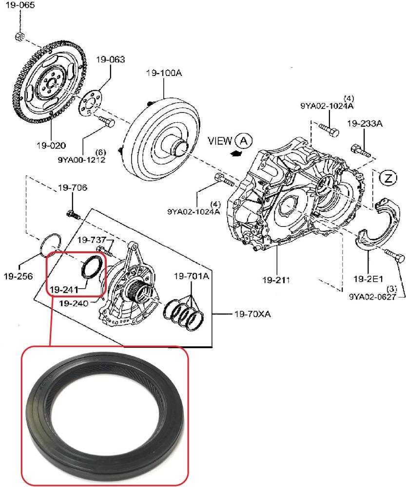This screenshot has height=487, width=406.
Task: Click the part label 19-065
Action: [20, 5]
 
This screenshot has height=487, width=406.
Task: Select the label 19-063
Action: [110, 59]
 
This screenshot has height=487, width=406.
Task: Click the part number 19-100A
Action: [164, 73]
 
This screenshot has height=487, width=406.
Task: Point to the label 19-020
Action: [51, 145]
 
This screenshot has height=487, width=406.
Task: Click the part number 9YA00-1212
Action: [81, 160]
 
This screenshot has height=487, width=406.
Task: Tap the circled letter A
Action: [244, 141]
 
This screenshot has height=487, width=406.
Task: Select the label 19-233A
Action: [365, 124]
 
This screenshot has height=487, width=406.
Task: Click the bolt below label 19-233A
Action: [361, 150]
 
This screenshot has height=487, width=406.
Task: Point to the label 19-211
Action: [276, 280]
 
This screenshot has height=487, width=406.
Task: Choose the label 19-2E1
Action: [368, 279]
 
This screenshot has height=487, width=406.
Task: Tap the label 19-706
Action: [73, 187]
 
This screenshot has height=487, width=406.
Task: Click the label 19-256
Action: [18, 276]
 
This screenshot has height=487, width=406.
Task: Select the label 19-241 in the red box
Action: [64, 290]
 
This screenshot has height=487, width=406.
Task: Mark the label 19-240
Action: [74, 303]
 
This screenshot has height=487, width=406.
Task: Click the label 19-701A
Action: [192, 276]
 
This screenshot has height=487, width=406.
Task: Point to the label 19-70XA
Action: [252, 314]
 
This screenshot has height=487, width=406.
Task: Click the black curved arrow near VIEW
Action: [236, 153]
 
